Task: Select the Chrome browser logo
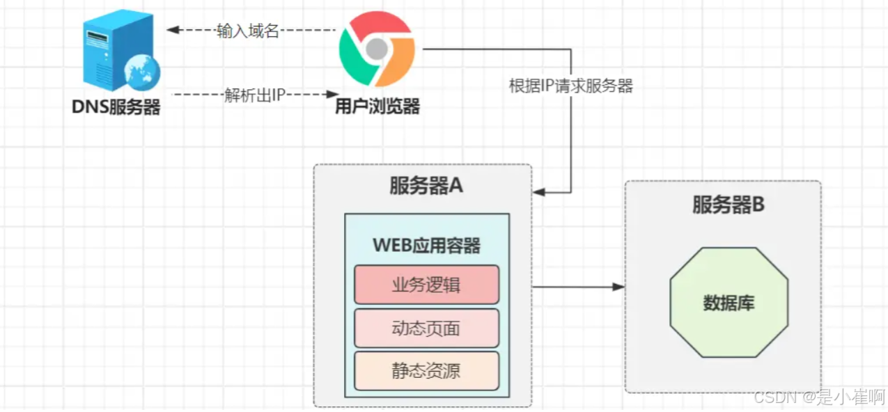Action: tap(376, 49)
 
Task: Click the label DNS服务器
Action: tap(116, 107)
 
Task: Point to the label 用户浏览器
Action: tap(377, 106)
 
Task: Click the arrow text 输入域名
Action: tap(247, 31)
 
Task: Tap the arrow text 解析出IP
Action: tap(255, 95)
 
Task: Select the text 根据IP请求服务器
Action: tap(571, 86)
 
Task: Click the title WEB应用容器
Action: tap(426, 245)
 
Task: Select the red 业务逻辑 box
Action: tap(426, 285)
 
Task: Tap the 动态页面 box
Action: tap(426, 328)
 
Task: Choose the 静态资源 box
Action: tap(426, 370)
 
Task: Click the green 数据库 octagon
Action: tap(729, 303)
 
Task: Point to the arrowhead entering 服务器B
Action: tap(618, 287)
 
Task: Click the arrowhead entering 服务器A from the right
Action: tap(538, 192)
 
